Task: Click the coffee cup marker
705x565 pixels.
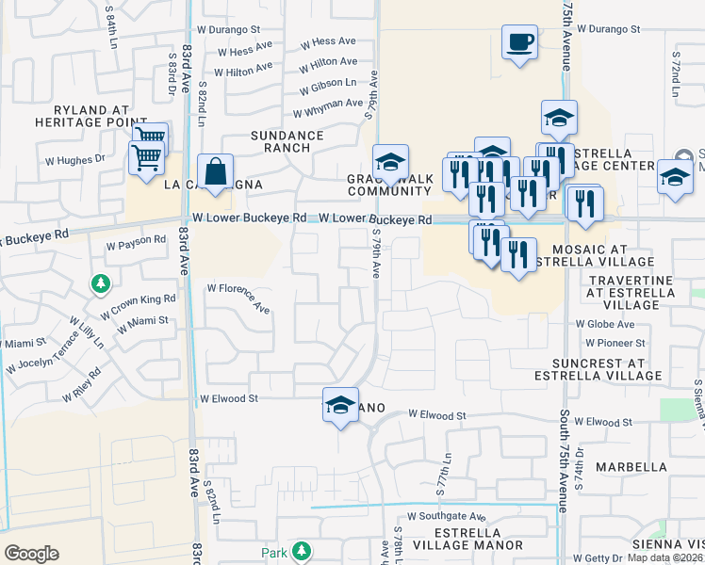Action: pos(519,42)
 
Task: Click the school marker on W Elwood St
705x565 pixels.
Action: pos(340,405)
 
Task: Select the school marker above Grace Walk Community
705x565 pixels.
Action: pos(389,162)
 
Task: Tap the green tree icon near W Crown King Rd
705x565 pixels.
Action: pos(100,282)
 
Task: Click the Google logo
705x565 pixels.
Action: pos(31,553)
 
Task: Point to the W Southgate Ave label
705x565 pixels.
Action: pos(446,517)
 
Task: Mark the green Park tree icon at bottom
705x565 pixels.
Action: pos(302,550)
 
